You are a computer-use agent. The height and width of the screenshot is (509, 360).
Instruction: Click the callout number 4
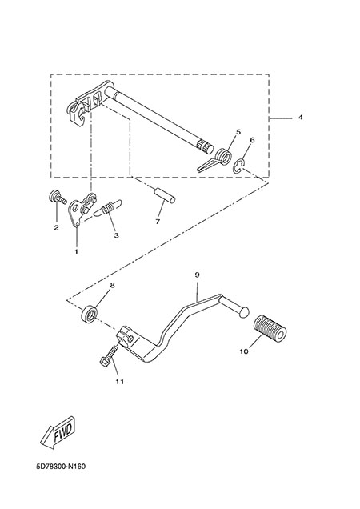click(x=300, y=117)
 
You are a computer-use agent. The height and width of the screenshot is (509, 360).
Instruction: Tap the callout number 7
click(x=158, y=222)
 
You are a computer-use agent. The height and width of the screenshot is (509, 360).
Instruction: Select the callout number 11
click(x=120, y=382)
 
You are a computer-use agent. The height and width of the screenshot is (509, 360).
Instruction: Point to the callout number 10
click(x=244, y=351)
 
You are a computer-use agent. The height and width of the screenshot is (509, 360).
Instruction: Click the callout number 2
click(x=56, y=228)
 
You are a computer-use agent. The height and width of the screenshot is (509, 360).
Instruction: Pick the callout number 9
click(x=197, y=275)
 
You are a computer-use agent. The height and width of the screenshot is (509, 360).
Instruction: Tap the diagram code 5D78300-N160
click(x=61, y=467)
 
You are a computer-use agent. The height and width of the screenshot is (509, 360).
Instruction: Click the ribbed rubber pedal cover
click(x=270, y=328)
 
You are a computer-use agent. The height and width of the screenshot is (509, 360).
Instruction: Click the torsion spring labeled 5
click(x=216, y=159)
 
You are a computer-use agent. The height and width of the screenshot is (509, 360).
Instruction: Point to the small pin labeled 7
click(x=164, y=196)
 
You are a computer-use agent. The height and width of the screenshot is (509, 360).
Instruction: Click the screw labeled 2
click(x=57, y=198)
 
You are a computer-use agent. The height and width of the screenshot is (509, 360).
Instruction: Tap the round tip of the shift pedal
click(x=244, y=311)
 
